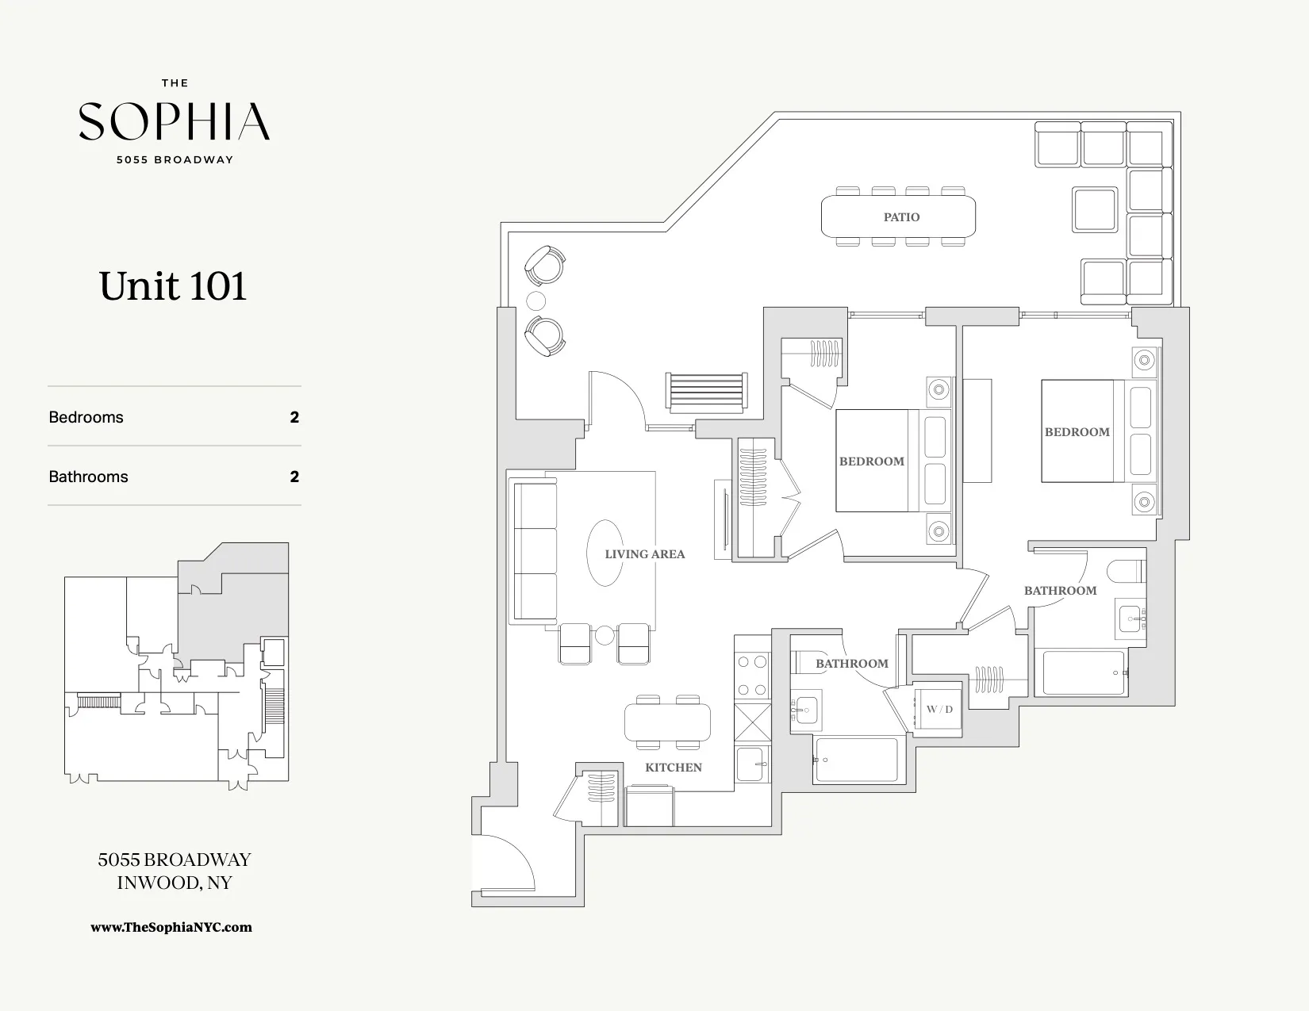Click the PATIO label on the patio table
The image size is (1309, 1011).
point(901,217)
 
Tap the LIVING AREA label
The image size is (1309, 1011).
point(644,554)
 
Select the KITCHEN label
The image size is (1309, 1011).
point(673,767)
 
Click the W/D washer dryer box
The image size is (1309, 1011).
point(939,709)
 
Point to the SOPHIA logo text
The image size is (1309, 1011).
point(175,121)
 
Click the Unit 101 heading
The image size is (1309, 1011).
point(173,285)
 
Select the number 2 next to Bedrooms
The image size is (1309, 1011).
point(294,417)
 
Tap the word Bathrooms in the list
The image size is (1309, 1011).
point(88,477)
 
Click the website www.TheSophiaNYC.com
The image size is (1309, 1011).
point(171,927)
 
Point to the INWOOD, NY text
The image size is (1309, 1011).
point(175,883)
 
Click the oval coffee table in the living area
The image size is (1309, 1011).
point(605,553)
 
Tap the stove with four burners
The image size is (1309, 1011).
point(752,676)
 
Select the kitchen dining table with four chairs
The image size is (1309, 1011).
point(667,722)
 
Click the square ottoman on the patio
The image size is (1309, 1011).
point(1096,209)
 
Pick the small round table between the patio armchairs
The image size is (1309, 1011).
point(536,301)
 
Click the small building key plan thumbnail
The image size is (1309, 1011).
point(176,666)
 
